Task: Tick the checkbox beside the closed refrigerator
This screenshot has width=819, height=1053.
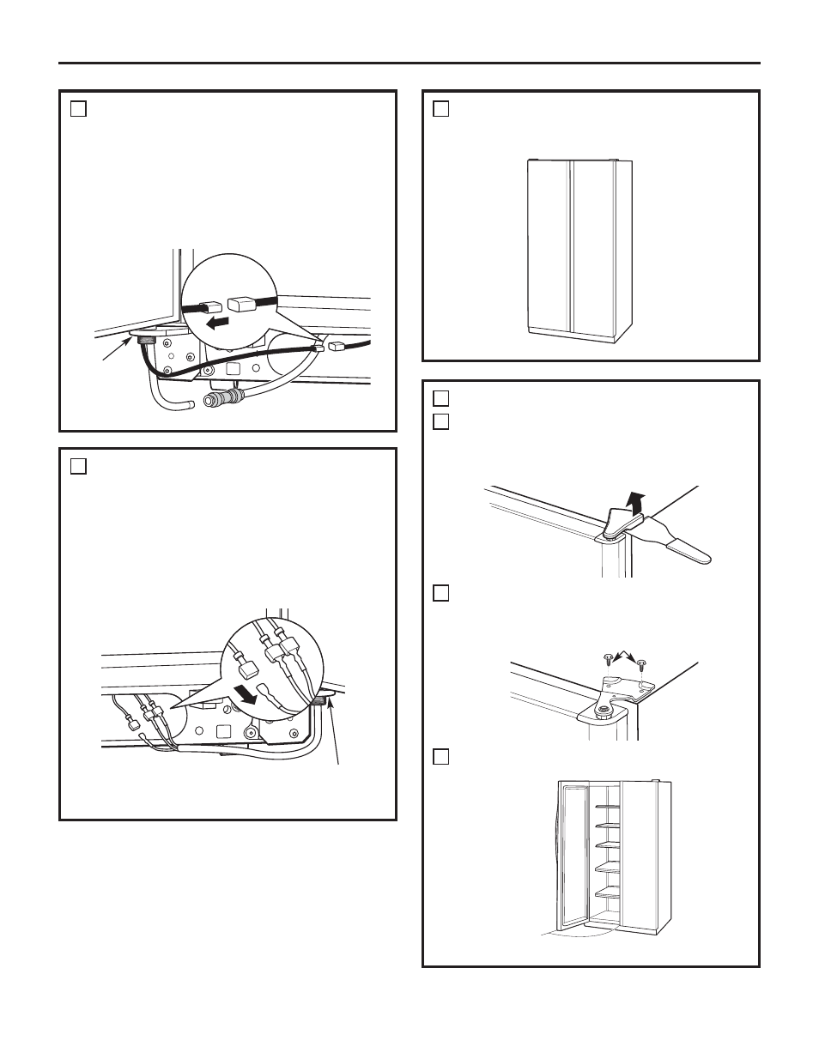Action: coord(441,108)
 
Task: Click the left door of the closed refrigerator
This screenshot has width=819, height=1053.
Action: coord(549,245)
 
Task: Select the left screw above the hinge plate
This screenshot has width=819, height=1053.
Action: coord(608,658)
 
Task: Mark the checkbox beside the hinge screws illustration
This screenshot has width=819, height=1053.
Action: coord(441,593)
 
